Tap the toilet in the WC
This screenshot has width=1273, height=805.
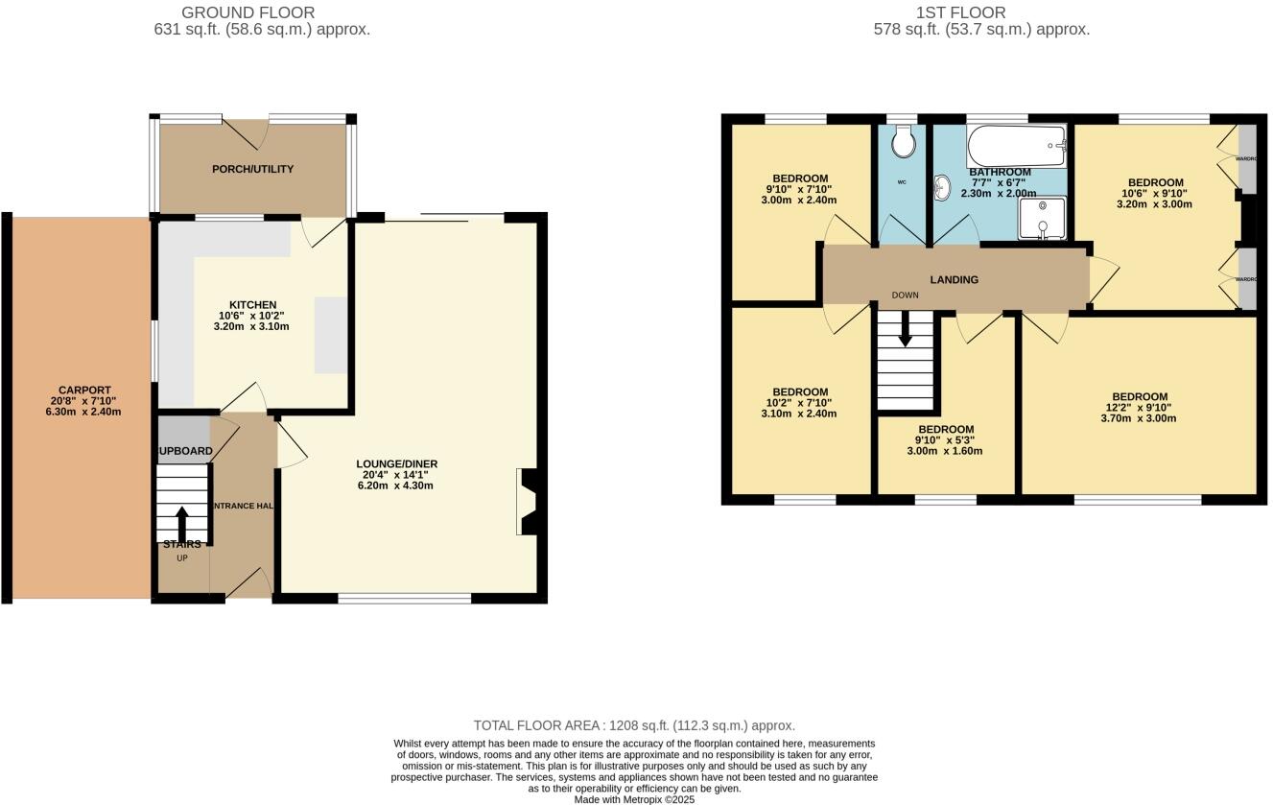pyautogui.click(x=903, y=144)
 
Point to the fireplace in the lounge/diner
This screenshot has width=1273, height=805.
pyautogui.click(x=527, y=501)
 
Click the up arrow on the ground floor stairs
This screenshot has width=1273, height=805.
pyautogui.click(x=181, y=523)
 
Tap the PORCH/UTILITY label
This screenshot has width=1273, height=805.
pyautogui.click(x=253, y=169)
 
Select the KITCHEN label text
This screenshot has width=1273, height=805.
pyautogui.click(x=251, y=305)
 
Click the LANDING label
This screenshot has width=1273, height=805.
pyautogui.click(x=955, y=280)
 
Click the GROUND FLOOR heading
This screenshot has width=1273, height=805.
pyautogui.click(x=248, y=12)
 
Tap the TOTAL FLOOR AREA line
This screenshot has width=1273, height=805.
pyautogui.click(x=634, y=726)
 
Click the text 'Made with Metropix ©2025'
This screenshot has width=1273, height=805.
pyautogui.click(x=634, y=799)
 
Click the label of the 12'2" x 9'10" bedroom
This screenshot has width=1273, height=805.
pyautogui.click(x=1140, y=397)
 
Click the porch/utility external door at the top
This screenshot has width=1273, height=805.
pyautogui.click(x=245, y=132)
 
